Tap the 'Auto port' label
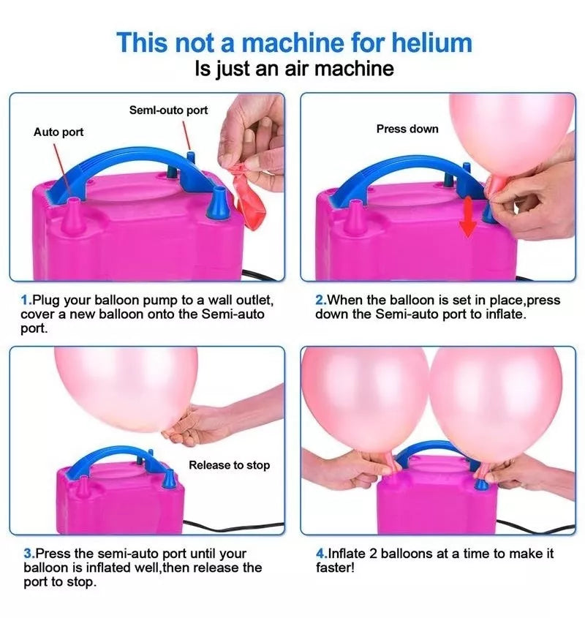[58, 132]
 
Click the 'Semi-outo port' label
[168, 110]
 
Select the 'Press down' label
[407, 129]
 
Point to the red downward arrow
[467, 216]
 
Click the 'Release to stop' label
[229, 465]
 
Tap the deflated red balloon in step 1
[248, 196]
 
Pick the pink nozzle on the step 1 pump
[73, 216]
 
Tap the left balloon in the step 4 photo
[366, 403]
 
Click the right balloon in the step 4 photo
[496, 404]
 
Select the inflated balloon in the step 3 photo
[127, 388]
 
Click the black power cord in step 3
[233, 527]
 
